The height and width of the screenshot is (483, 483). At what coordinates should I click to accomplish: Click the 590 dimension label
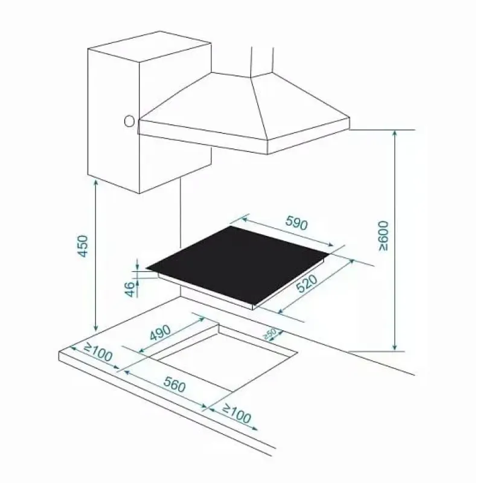pyautogui.click(x=296, y=223)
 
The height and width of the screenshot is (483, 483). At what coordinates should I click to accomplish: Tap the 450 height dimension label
pyautogui.click(x=83, y=246)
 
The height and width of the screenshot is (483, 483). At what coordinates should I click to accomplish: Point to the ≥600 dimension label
pyautogui.click(x=384, y=235)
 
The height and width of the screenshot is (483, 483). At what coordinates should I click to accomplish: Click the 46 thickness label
pyautogui.click(x=131, y=289)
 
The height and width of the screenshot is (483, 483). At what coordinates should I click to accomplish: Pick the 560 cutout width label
pyautogui.click(x=174, y=385)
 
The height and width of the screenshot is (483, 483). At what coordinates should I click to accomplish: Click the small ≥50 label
pyautogui.click(x=270, y=334)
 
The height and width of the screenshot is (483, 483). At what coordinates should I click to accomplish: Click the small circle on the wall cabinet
pyautogui.click(x=129, y=121)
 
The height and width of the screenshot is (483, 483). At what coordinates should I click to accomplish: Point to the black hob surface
pyautogui.click(x=238, y=264)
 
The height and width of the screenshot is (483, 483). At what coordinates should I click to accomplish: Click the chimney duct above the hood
pyautogui.click(x=262, y=61)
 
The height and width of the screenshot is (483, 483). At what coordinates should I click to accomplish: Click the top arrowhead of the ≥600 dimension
pyautogui.click(x=395, y=134)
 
